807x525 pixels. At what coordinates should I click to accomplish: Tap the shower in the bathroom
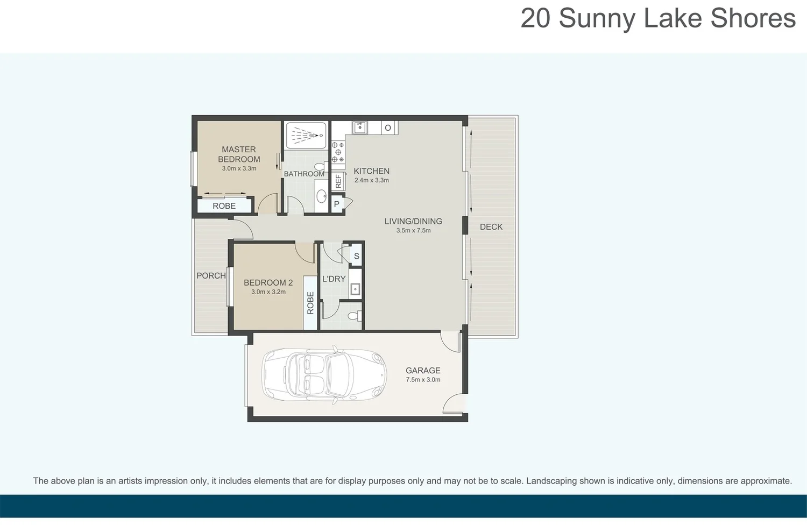pos(306,135)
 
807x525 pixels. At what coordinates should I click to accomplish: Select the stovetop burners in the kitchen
pos(338,152)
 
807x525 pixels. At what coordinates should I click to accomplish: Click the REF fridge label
pos(338,181)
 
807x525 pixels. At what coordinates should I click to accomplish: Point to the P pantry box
pos(337,204)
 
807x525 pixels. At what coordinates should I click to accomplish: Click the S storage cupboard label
pos(356,256)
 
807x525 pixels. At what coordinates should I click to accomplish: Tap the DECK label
pos(491,227)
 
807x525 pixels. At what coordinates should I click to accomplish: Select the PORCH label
pos(211,275)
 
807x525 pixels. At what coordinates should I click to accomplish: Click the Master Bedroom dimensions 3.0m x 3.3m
pos(239,168)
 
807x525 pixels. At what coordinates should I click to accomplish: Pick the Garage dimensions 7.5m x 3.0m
pos(423,380)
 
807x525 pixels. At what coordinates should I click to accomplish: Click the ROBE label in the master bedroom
pos(224,206)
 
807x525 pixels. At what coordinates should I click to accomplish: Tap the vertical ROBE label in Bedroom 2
pos(310,303)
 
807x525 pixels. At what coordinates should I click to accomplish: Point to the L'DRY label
pos(334,279)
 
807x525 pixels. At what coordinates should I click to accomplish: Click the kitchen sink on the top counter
pos(360,127)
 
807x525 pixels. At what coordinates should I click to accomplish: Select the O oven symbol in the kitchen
pos(387,128)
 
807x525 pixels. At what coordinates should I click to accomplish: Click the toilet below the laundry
pos(355,316)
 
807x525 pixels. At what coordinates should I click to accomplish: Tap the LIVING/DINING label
pos(413,221)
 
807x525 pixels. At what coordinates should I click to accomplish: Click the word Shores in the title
pos(753,18)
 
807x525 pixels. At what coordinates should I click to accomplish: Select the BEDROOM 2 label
pos(268,282)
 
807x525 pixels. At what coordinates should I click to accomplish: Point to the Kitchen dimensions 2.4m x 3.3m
pos(371,180)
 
